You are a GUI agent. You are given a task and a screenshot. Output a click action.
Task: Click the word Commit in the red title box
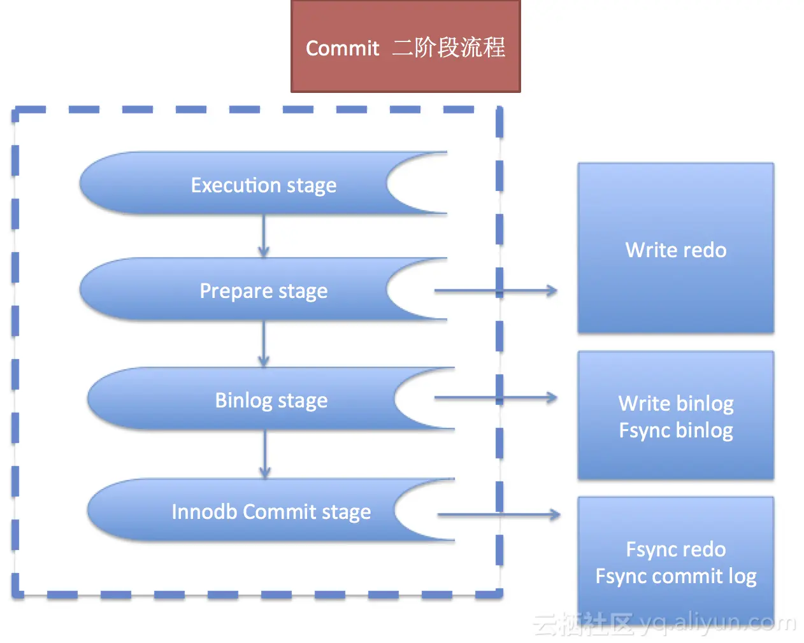point(342,48)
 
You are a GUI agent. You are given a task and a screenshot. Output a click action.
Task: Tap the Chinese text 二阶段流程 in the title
point(449,48)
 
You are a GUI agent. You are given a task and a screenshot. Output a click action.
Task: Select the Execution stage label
point(263,185)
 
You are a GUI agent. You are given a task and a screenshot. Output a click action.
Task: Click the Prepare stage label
point(263,291)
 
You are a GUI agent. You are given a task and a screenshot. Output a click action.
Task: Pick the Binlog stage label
point(271,400)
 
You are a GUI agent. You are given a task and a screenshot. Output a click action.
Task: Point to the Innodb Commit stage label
point(271,512)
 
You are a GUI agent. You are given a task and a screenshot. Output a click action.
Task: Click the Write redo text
point(675,250)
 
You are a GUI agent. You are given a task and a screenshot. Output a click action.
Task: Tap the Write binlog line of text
point(675,404)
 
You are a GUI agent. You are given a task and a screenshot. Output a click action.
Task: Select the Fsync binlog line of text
point(675,430)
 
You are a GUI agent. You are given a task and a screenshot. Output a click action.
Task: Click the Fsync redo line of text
point(675,549)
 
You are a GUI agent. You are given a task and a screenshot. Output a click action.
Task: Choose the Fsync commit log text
point(675,576)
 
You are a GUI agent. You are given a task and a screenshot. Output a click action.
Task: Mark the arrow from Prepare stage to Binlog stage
point(264,344)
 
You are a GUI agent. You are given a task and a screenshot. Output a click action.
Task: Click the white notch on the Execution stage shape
point(417,183)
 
